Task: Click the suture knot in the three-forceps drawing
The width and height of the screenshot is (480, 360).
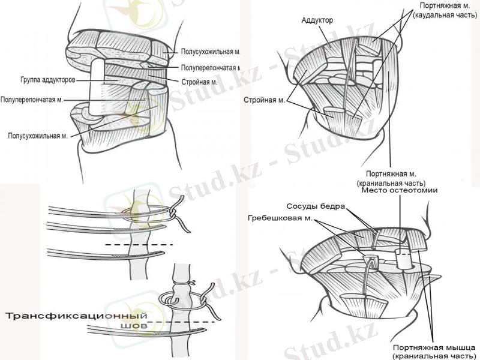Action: click(x=173, y=212)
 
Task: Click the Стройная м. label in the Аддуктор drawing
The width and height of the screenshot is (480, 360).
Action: click(x=266, y=100)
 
